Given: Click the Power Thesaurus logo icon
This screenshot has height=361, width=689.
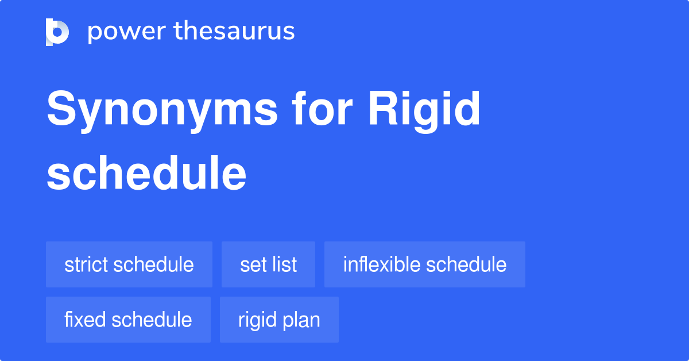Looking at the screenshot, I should click(x=57, y=32).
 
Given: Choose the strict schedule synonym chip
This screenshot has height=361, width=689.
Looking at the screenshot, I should click(x=129, y=264).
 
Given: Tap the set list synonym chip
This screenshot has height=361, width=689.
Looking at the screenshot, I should click(x=268, y=264).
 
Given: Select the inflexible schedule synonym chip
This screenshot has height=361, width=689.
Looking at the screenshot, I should click(x=425, y=264).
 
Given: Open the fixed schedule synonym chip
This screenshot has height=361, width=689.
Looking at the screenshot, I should click(x=128, y=320).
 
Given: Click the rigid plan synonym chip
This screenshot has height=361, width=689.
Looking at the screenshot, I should click(x=279, y=320).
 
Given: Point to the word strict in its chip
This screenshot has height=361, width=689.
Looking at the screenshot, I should click(x=86, y=264).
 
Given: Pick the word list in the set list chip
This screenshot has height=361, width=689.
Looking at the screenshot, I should click(x=285, y=264).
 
